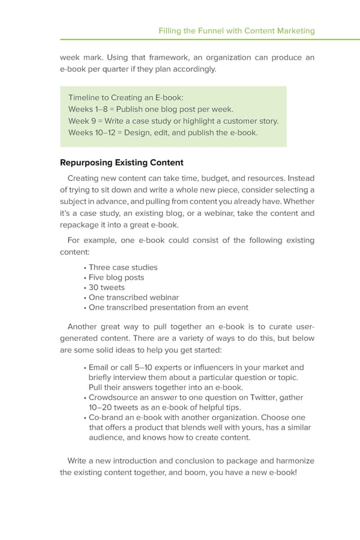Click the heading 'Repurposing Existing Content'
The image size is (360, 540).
122,163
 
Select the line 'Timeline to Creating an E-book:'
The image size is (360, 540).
126,98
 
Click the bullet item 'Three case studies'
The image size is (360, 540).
123,268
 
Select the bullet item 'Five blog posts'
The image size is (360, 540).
116,278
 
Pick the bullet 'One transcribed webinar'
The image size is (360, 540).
134,298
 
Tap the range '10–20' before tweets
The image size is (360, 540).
101,407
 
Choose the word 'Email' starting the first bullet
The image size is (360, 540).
99,368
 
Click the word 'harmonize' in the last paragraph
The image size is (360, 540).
295,461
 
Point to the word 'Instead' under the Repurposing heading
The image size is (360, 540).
301,178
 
